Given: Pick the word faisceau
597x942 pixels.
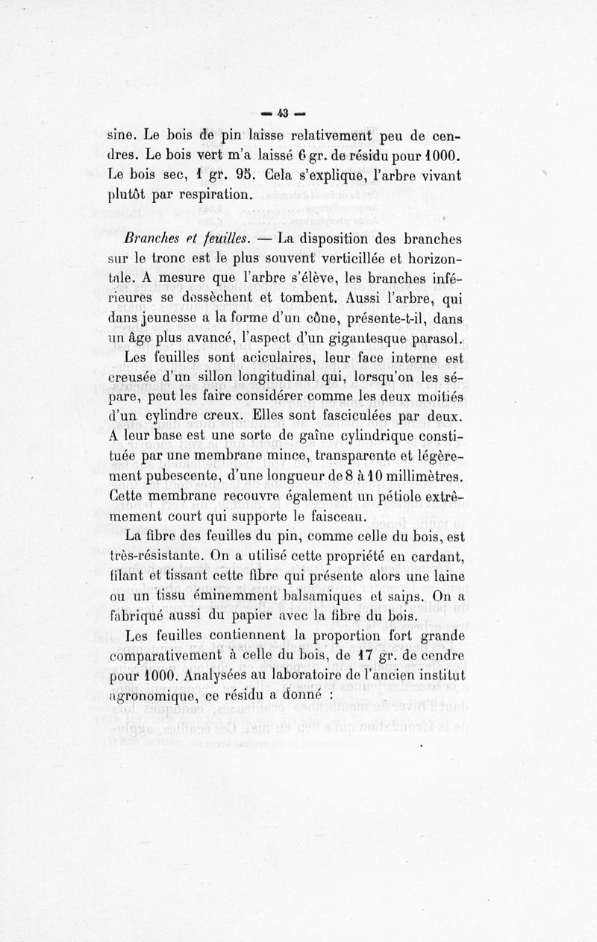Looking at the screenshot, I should (x=334, y=516).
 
